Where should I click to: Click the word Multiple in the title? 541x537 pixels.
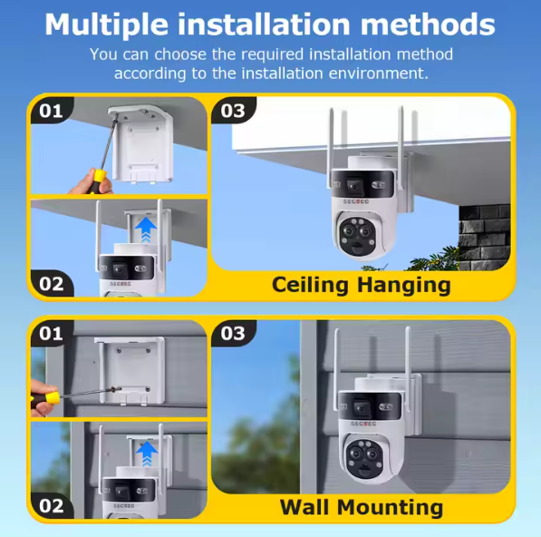[x=107, y=24]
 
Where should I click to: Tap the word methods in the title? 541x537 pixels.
[x=428, y=24]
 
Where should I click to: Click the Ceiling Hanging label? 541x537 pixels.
[x=362, y=285]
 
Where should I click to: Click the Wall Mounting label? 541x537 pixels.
[x=362, y=507]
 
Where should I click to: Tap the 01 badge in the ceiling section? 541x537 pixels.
[x=51, y=111]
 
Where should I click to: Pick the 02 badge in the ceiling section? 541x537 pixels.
[x=52, y=284]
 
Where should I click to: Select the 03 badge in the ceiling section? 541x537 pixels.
[x=233, y=111]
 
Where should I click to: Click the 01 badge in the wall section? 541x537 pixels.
[x=51, y=333]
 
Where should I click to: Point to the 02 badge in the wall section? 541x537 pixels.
[x=52, y=506]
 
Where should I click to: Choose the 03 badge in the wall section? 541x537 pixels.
[x=233, y=333]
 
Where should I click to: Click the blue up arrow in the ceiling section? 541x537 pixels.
[x=146, y=229]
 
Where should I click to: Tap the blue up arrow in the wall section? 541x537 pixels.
[x=147, y=454]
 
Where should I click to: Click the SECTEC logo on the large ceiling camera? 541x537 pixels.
[x=356, y=201]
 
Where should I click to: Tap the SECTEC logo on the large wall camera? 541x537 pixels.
[x=363, y=424]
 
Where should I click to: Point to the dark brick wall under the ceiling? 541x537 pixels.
[x=485, y=237]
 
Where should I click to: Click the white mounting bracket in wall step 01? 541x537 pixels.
[x=130, y=370]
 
